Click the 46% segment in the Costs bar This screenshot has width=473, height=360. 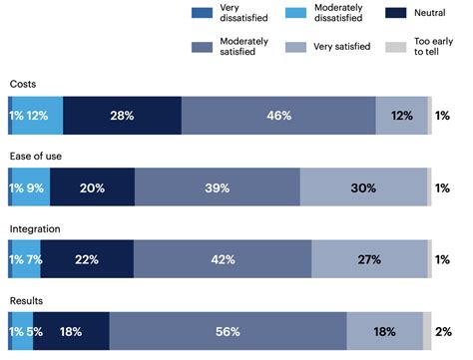[278, 116]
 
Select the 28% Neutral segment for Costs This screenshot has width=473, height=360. [122, 116]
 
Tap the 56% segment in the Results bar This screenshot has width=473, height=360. [228, 331]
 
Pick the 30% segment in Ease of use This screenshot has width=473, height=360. [363, 187]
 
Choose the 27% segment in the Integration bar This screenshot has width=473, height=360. [369, 259]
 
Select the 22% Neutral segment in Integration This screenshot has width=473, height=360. [87, 259]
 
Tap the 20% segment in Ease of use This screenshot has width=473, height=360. [92, 187]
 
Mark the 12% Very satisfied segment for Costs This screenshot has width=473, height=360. [401, 116]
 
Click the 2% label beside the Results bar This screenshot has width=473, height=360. [443, 331]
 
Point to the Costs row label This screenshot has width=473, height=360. [24, 85]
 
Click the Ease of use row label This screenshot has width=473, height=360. [38, 157]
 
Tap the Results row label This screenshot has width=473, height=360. [27, 300]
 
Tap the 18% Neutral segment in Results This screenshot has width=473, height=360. [71, 331]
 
